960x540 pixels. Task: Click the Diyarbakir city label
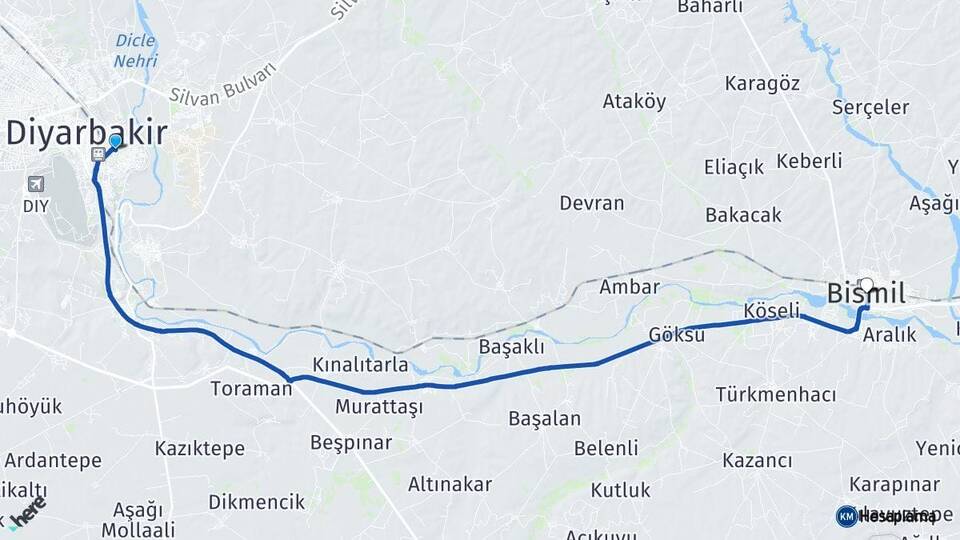coord(87,133)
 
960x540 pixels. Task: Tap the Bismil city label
coord(866,294)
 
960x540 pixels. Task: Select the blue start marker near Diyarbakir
coord(115,142)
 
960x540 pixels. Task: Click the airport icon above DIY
coord(36,184)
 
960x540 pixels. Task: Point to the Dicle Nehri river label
coord(136,50)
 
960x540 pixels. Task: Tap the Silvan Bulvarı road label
coord(223,84)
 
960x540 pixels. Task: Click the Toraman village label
coord(251,388)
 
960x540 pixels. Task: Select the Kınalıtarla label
coord(360,363)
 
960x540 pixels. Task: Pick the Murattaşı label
coord(379,407)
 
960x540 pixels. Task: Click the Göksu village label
coord(676,335)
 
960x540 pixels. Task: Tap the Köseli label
coord(772,312)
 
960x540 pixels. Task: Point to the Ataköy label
coord(634,101)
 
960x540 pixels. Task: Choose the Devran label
coord(591,203)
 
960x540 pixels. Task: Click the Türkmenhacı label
coord(775,394)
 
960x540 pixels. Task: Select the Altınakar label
coord(449,484)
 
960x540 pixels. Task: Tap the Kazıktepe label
coord(200,448)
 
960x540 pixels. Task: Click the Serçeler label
coord(870,107)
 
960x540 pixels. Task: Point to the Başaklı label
coord(511,347)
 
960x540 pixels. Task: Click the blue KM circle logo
coord(846,516)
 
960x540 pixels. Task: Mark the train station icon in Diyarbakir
coord(98,154)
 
